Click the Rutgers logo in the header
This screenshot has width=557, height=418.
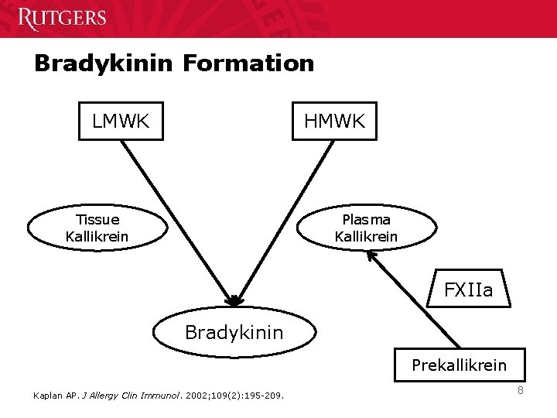tap(62, 18)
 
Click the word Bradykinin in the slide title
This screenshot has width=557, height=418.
tap(105, 63)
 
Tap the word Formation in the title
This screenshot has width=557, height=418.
tap(249, 63)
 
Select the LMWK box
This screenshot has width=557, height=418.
tap(121, 121)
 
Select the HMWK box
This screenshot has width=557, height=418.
tap(334, 121)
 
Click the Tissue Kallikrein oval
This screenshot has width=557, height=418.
tap(97, 228)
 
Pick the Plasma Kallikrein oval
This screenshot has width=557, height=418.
tap(366, 228)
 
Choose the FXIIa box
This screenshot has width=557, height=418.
tap(468, 291)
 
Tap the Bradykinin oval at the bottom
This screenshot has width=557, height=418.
tap(234, 333)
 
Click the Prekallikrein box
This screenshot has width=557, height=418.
tap(459, 365)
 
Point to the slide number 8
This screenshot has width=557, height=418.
tap(521, 390)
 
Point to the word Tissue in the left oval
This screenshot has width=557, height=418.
tap(97, 220)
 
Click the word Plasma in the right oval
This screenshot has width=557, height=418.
tap(366, 220)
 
